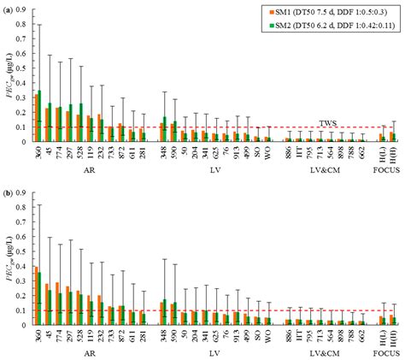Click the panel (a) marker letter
(8, 7)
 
